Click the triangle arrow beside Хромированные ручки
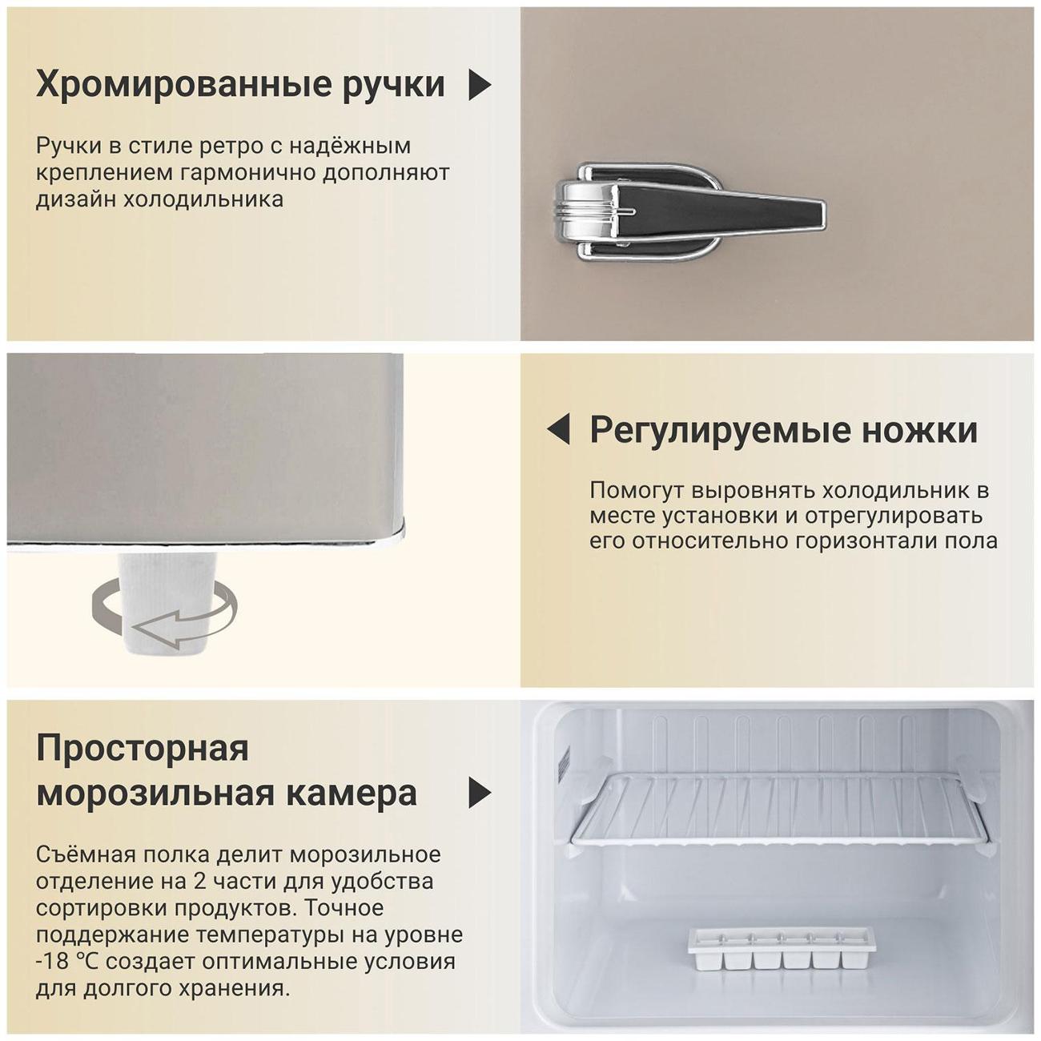479,85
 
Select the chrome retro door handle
690,211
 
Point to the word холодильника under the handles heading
203,199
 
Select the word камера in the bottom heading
352,794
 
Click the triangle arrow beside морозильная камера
480,793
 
